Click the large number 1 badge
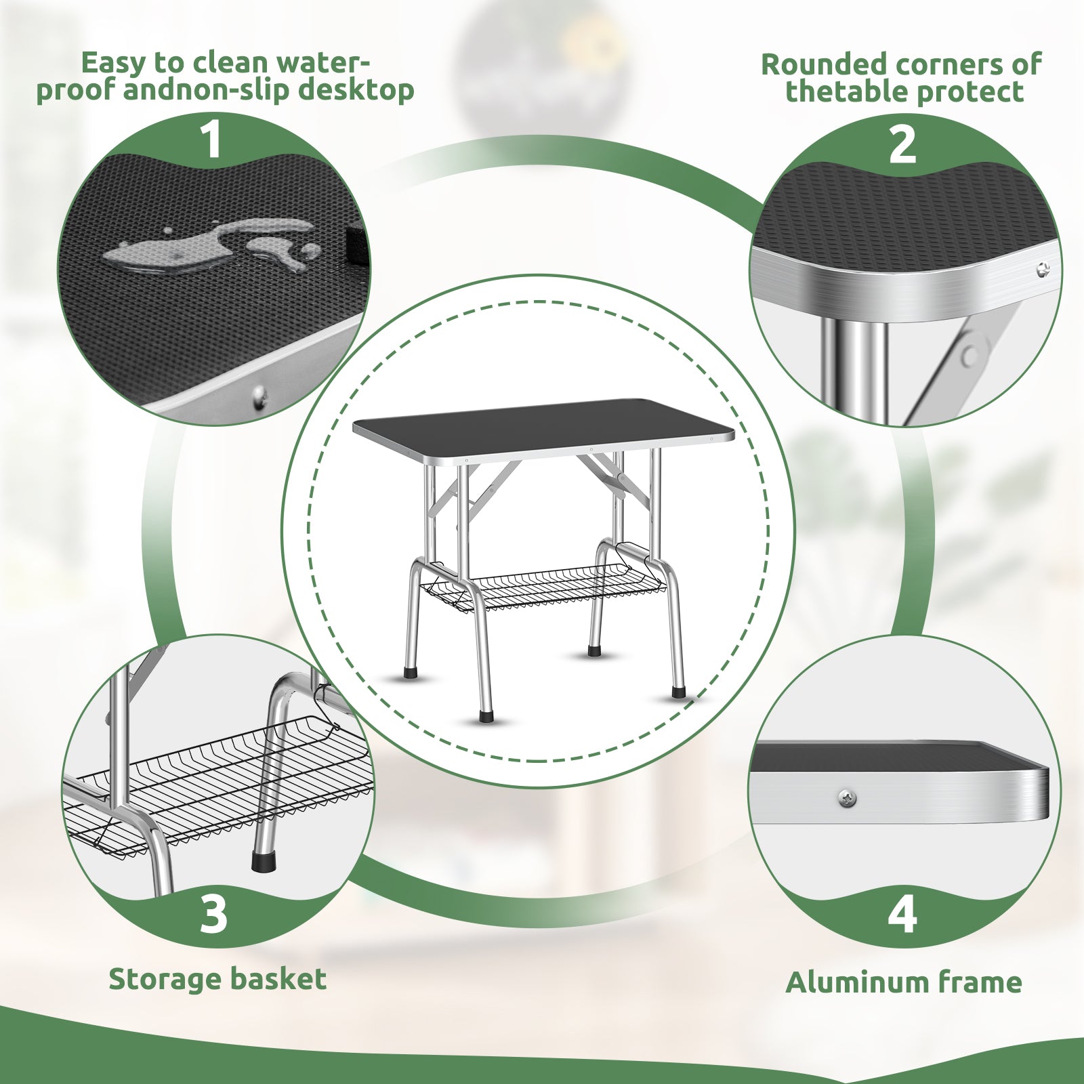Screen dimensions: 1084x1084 pos(213,140)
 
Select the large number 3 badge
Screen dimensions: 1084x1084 pos(213,913)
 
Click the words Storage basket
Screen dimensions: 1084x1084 pos(217,979)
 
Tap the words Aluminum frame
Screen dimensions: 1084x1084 pos(904,982)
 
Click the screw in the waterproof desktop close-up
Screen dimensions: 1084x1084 pos(258,396)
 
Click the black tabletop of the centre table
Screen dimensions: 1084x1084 pos(542,426)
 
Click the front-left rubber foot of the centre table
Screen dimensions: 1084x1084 pos(485,715)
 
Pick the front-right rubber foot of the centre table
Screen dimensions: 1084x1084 pos(677,693)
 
